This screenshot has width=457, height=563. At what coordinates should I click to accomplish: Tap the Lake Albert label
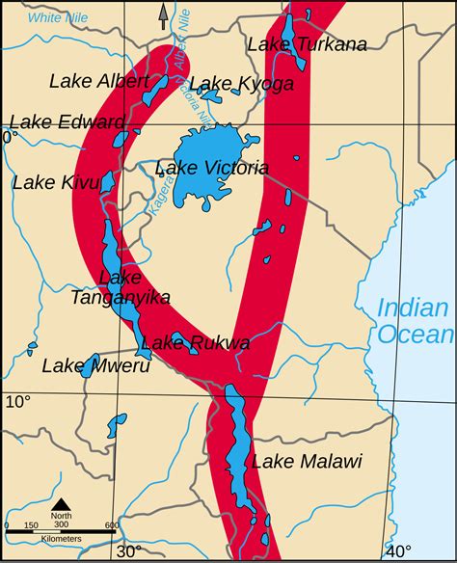click(x=99, y=80)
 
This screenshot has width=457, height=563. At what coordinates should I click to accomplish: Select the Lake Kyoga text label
click(x=241, y=84)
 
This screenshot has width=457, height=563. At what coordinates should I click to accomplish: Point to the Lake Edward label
click(x=67, y=122)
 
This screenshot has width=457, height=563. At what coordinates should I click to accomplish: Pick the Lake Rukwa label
click(x=196, y=343)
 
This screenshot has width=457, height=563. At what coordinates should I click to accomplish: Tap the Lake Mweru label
click(x=84, y=365)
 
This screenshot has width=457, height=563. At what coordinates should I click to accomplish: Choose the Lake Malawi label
click(x=307, y=462)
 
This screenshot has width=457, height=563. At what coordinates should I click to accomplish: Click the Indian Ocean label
click(x=414, y=321)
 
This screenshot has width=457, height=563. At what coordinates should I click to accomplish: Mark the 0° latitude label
click(x=9, y=138)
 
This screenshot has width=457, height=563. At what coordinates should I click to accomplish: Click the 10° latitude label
click(x=18, y=401)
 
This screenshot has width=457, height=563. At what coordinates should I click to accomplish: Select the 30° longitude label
click(x=129, y=551)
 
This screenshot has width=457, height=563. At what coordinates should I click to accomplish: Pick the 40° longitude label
click(x=398, y=551)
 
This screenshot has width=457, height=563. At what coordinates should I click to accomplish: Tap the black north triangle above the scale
click(x=60, y=504)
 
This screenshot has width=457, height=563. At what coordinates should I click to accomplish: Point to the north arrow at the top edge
click(x=163, y=14)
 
